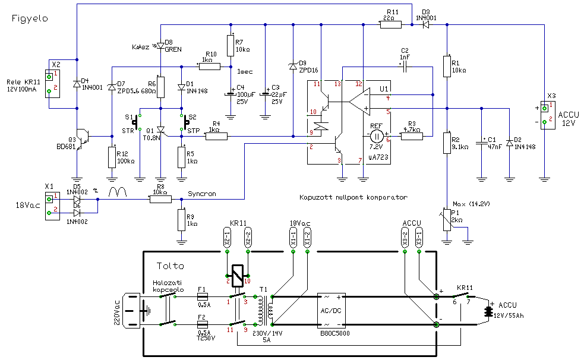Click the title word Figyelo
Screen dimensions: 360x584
click(30, 18)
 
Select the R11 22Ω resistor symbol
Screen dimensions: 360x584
click(390, 24)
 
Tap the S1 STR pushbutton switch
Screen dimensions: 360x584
click(135, 122)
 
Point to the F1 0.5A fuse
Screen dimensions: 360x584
click(202, 296)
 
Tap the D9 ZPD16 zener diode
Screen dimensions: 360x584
click(292, 67)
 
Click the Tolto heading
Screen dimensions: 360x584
click(171, 266)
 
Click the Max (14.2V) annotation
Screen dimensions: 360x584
click(470, 204)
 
